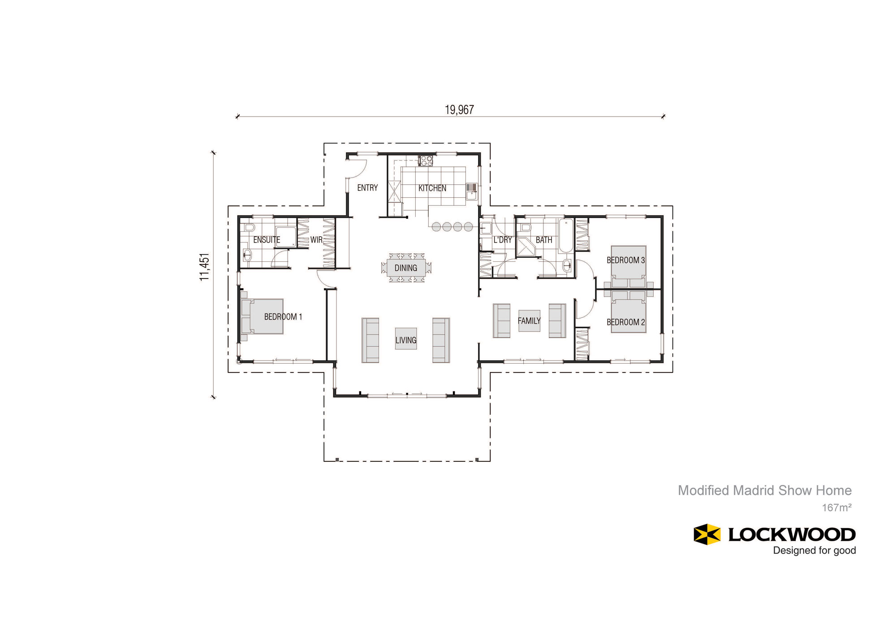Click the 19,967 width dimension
(x=459, y=110)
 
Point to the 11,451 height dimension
(x=204, y=267)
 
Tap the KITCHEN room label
(x=432, y=188)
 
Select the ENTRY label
(x=367, y=188)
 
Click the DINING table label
(x=406, y=268)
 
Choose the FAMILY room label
(x=529, y=321)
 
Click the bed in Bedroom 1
(x=262, y=317)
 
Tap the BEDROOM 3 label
(x=626, y=260)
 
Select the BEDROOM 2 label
(x=626, y=322)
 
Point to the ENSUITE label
(x=267, y=240)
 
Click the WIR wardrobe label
(x=316, y=240)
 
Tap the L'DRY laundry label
(x=503, y=240)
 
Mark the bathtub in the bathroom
(x=566, y=236)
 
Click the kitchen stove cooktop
(x=426, y=161)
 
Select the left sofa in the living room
(x=370, y=340)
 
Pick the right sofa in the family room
(x=558, y=321)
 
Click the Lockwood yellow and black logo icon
(x=707, y=534)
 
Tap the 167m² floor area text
(x=837, y=508)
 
